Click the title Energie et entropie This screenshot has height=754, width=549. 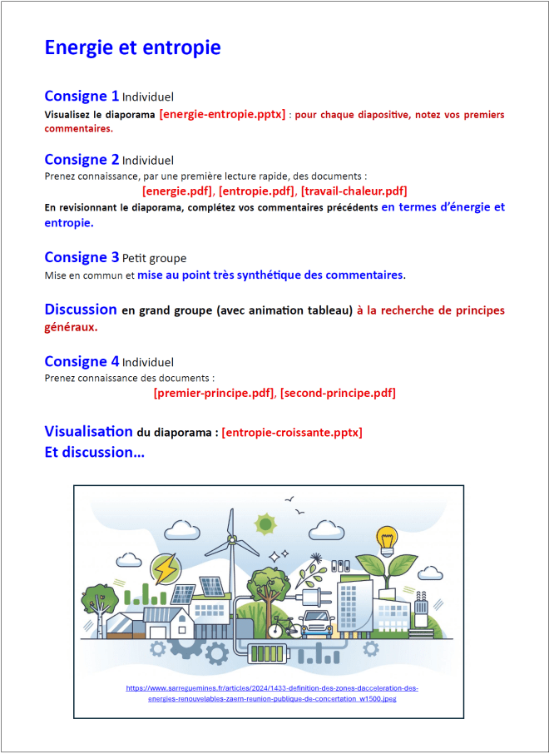point(132,47)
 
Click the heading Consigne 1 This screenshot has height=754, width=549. point(82,96)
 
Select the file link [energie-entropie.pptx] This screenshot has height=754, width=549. point(222,114)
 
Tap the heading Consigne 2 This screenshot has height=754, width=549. point(82,159)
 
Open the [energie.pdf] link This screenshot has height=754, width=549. point(177,191)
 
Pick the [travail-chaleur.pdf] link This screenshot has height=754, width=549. point(354,191)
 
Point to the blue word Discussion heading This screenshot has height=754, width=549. point(81,309)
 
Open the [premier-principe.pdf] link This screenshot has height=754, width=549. point(214,393)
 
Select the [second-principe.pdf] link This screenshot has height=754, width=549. point(338,393)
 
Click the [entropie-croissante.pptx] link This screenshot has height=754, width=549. point(292,433)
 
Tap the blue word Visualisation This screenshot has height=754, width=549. point(88,431)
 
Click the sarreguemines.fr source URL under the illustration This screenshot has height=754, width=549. point(273,693)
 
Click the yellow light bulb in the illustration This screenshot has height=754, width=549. point(385,539)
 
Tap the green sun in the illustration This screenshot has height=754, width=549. point(265,524)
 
